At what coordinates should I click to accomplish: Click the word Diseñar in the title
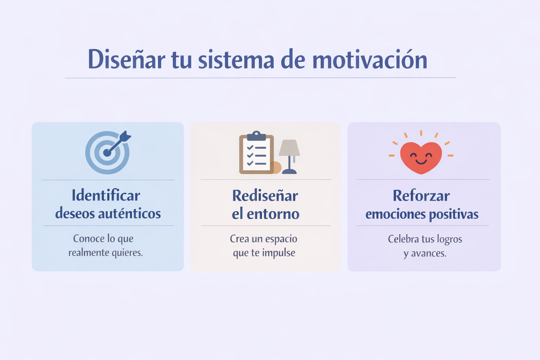[127, 59]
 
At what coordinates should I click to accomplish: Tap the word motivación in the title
[370, 59]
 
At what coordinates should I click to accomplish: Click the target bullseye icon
[107, 153]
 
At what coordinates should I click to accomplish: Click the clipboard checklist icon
[257, 152]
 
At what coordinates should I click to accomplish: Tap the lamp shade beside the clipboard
[289, 148]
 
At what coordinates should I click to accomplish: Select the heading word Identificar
[106, 195]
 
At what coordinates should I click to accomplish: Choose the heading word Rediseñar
[265, 195]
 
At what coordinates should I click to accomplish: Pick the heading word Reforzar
[421, 195]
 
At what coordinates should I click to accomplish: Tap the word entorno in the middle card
[273, 214]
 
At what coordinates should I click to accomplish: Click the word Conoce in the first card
[89, 238]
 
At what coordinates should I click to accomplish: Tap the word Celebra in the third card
[404, 239]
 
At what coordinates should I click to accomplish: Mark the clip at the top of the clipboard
[257, 136]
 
